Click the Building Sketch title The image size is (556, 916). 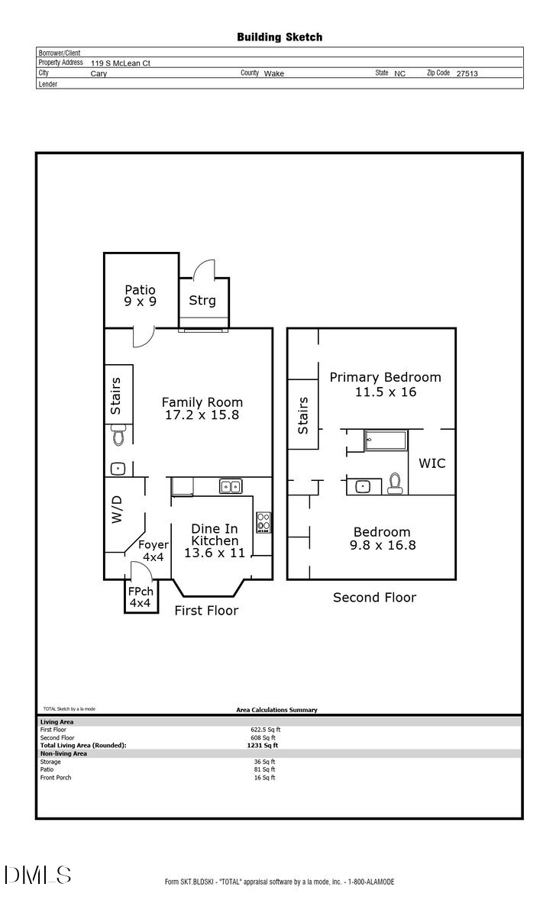(279, 37)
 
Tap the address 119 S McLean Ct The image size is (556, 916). (120, 63)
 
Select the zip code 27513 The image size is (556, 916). (467, 74)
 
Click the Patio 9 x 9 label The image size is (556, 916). (141, 296)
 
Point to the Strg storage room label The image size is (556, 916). (202, 301)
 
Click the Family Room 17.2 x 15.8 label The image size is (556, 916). (202, 409)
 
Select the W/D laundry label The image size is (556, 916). (117, 507)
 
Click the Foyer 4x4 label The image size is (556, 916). (154, 551)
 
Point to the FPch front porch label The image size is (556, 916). (141, 597)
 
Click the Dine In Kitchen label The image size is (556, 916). (214, 540)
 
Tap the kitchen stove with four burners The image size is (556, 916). (263, 521)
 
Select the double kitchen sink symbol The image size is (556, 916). (230, 486)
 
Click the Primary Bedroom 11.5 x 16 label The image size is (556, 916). (385, 384)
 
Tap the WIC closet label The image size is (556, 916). (432, 463)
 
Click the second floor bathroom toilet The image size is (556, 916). (394, 483)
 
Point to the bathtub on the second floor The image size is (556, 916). (386, 440)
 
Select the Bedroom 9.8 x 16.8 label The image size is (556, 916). (381, 539)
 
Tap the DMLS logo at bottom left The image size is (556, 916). (38, 875)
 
